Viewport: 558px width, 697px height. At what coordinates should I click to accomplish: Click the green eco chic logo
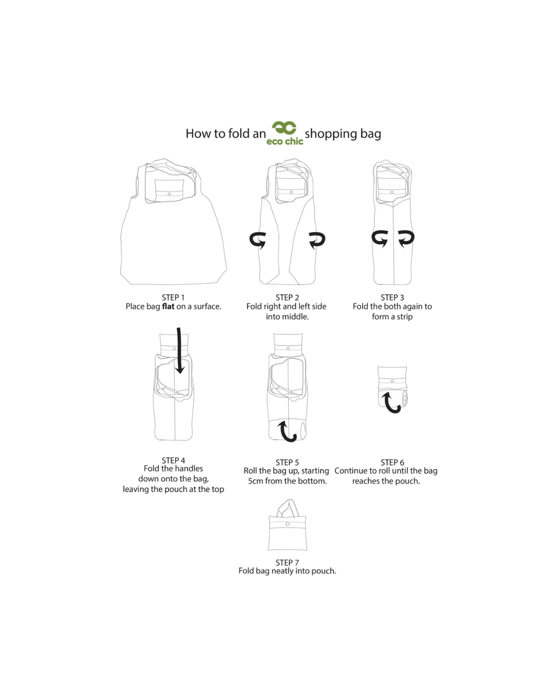[284, 133]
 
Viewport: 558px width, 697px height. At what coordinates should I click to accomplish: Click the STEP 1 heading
[173, 297]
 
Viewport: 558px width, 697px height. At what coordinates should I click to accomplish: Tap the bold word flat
[168, 306]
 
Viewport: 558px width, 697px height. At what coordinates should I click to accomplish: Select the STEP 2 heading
[287, 297]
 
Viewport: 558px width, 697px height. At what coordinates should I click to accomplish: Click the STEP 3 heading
[392, 297]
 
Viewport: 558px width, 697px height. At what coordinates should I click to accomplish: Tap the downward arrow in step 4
[179, 351]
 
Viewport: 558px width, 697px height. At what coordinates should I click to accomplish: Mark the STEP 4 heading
[173, 460]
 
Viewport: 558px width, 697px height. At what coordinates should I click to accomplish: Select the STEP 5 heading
[287, 462]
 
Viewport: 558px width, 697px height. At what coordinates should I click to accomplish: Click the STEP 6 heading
[392, 462]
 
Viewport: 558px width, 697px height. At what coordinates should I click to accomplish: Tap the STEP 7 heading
[287, 562]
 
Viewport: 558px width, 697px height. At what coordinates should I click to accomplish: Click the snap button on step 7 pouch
[287, 524]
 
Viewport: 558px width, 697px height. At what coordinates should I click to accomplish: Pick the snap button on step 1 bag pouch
[169, 194]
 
